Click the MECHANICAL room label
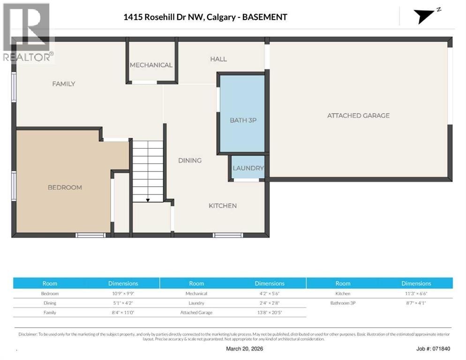151,65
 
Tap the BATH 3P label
243,120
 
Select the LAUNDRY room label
248,168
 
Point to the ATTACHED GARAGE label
359,115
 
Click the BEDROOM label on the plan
65,187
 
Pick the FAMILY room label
64,84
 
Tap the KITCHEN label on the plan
223,206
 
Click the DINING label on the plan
190,160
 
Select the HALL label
218,59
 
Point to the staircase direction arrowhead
148,200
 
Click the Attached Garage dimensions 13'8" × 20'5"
270,313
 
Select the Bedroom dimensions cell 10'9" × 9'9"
123,293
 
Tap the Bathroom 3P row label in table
343,303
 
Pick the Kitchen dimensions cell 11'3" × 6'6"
416,293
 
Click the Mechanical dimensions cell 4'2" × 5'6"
270,293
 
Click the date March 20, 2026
245,349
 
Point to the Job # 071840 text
433,349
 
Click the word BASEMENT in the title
265,17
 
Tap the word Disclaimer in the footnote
28,334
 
